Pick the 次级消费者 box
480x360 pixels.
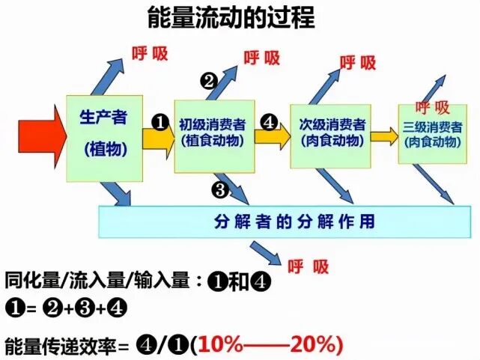pos(330,135)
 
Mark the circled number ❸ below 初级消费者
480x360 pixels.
pos(219,190)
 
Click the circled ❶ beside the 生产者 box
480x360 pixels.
pos(159,120)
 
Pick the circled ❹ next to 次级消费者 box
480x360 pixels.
pos(270,120)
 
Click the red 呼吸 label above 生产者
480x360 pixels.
pos(150,53)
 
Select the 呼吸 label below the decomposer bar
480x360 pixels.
pos(309,266)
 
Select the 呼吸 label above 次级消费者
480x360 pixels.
pos(358,63)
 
